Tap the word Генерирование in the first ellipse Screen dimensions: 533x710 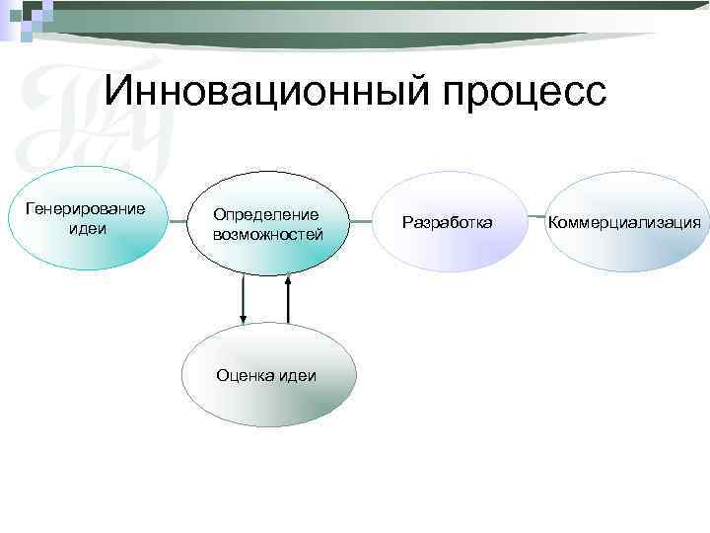point(85,209)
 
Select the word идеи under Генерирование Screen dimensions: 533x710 point(88,229)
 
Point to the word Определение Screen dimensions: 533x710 point(266,214)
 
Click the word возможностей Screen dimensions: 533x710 point(267,234)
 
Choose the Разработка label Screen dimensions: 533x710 point(447,222)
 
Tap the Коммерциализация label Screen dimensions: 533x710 point(625,222)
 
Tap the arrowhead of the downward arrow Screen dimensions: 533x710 point(244,318)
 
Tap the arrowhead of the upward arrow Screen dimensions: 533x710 point(289,282)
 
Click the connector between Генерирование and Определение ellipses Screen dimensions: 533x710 point(176,221)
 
